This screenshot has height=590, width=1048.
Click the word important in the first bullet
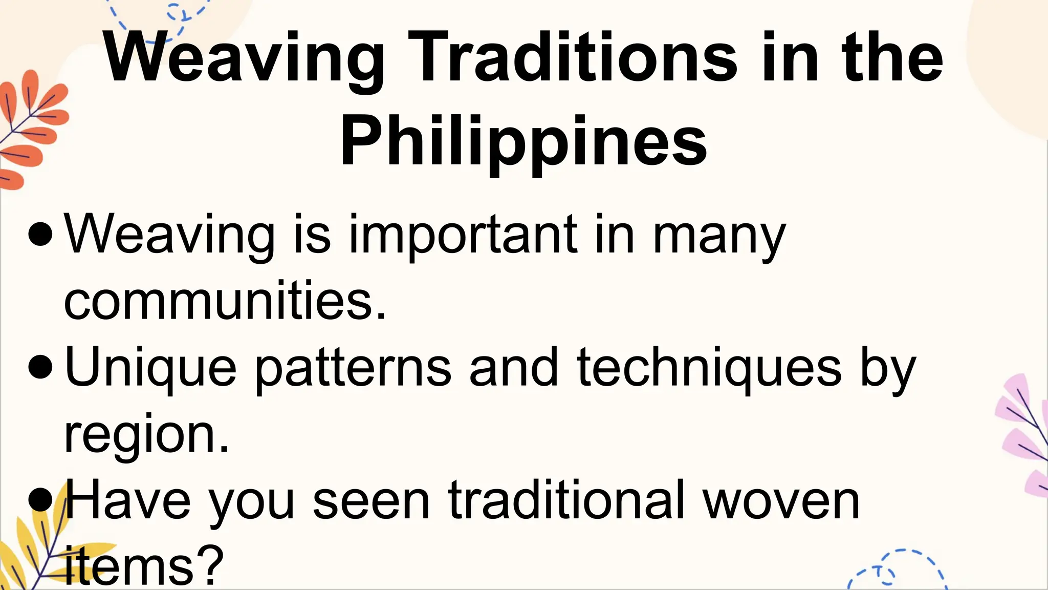click(463, 235)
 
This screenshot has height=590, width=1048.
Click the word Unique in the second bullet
click(151, 368)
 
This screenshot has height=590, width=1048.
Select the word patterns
click(353, 368)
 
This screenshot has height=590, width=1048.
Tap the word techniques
click(709, 368)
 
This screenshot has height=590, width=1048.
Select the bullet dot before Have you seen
click(41, 499)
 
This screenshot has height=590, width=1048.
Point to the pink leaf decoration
click(1023, 435)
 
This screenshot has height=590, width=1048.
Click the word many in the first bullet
click(719, 235)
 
